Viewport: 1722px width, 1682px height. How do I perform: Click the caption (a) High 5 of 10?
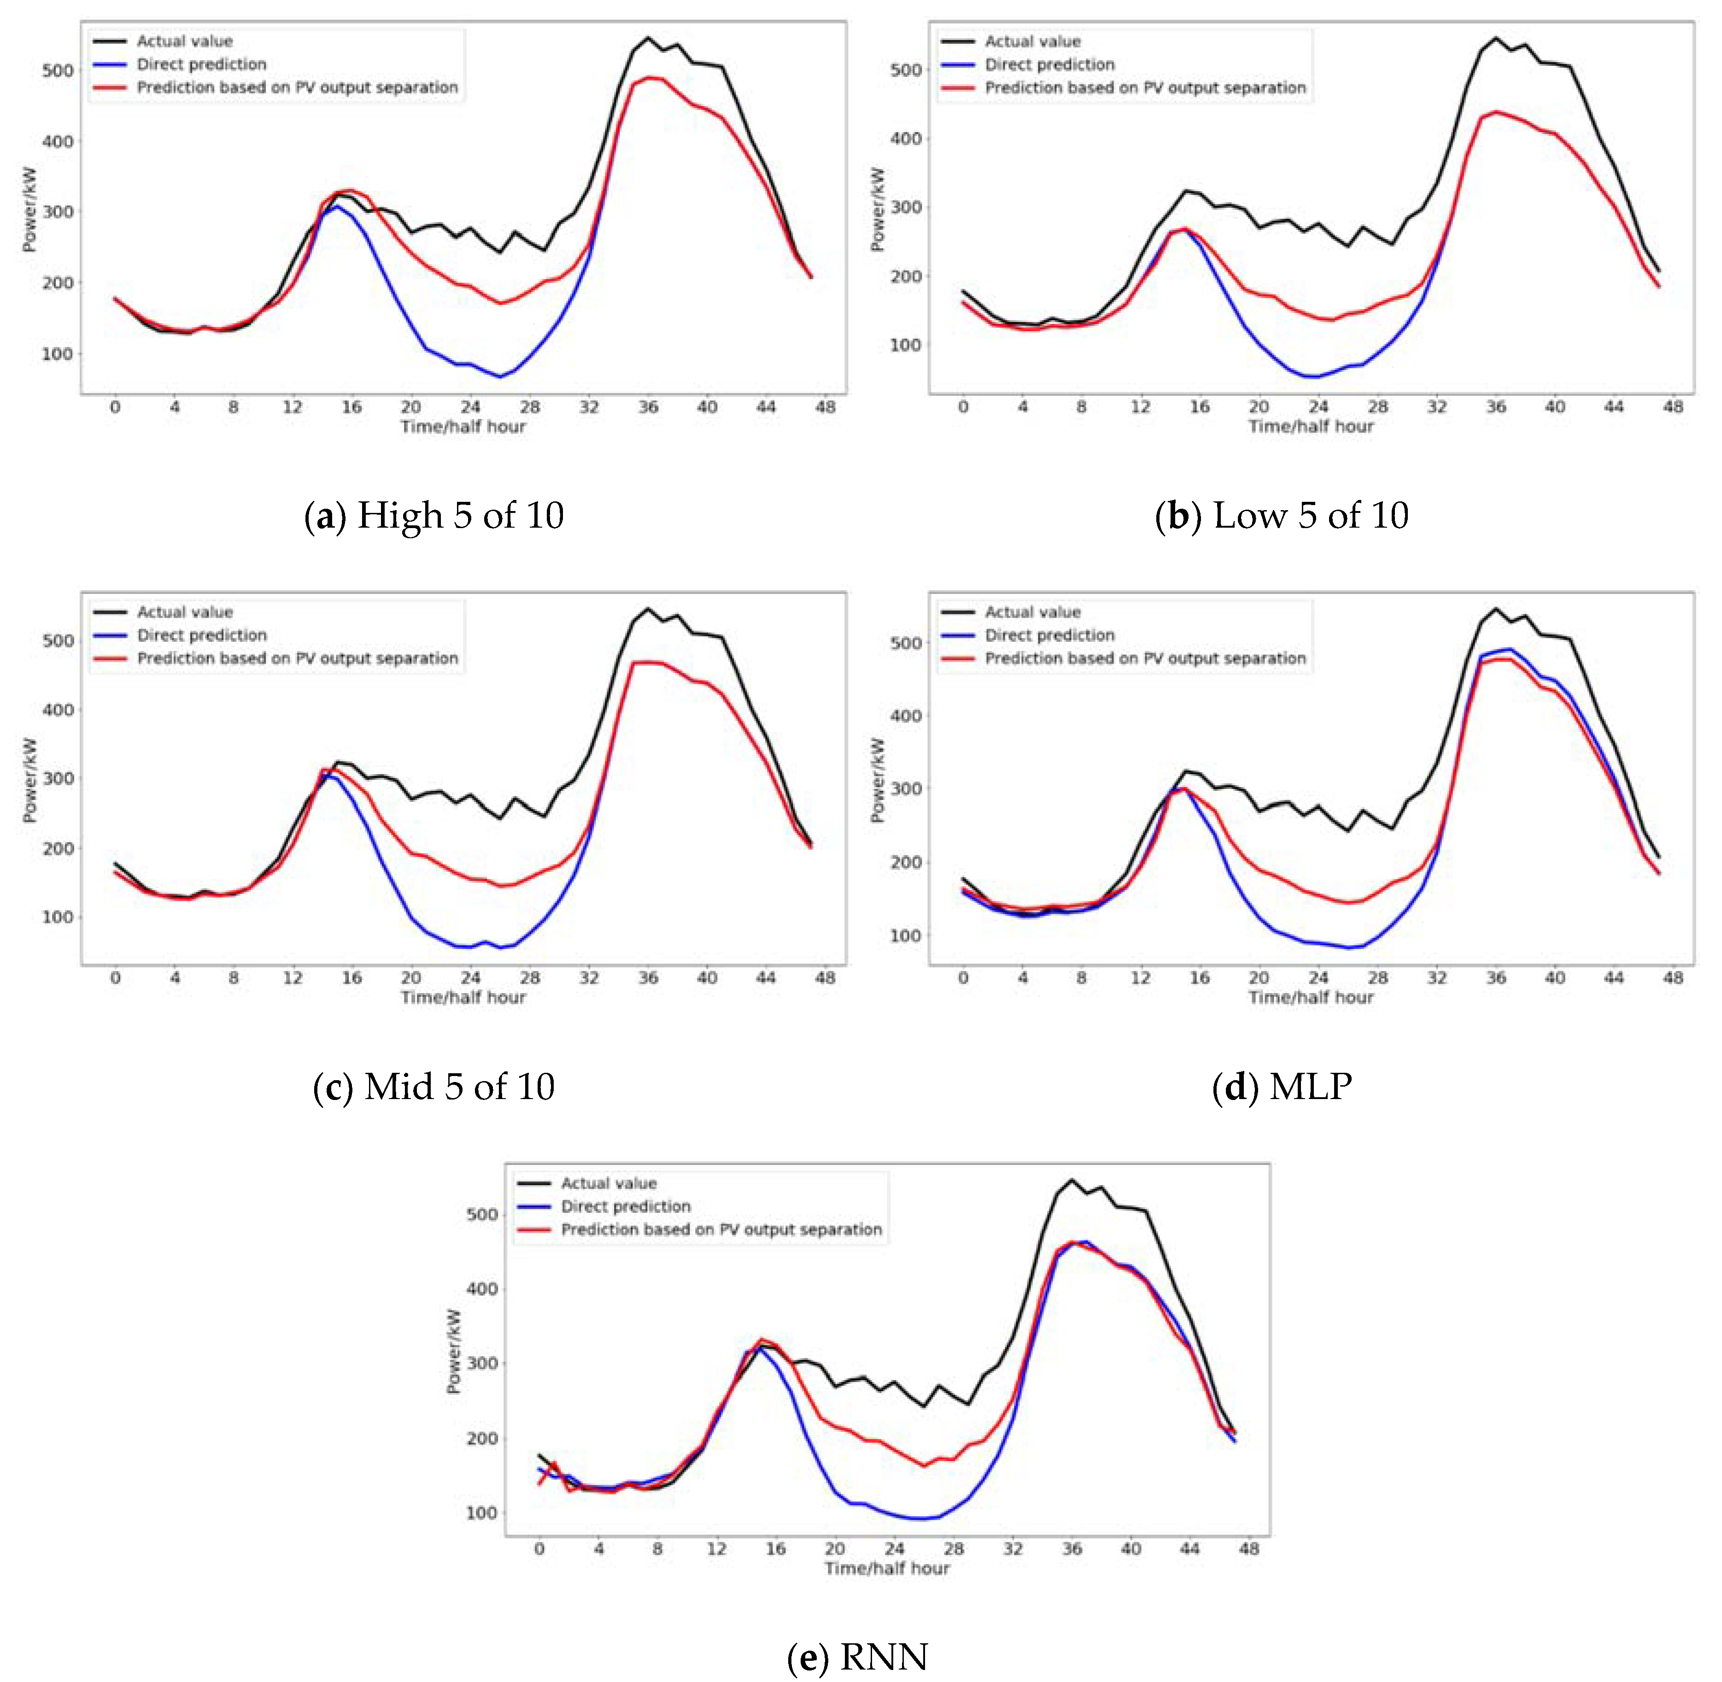click(x=433, y=515)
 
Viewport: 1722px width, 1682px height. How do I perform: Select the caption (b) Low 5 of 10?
click(x=1281, y=515)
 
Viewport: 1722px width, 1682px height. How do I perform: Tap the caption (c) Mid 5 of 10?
click(x=433, y=1086)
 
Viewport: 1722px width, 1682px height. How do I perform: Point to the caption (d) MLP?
click(x=1281, y=1086)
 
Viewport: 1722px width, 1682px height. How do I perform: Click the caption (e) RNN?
click(x=857, y=1656)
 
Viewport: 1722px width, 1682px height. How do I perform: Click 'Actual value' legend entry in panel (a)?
click(x=184, y=41)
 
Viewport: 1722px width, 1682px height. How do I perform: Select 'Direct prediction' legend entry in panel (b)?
click(x=1049, y=65)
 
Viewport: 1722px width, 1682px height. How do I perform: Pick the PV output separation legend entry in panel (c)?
click(x=297, y=658)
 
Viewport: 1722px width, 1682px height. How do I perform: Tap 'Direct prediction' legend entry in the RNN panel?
click(x=625, y=1206)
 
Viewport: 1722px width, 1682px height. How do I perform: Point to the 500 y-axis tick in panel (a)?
click(x=58, y=71)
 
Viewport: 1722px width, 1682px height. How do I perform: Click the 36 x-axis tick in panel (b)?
click(x=1495, y=407)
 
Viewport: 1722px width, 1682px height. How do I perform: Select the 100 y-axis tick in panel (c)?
click(x=58, y=917)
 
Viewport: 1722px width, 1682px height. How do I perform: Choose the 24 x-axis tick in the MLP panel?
click(x=1318, y=978)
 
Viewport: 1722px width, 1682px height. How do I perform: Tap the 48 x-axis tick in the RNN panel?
click(x=1249, y=1549)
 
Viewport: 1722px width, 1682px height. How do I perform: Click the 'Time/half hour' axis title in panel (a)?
click(x=463, y=427)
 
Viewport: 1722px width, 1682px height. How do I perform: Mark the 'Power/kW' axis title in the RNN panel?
click(x=454, y=1352)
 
